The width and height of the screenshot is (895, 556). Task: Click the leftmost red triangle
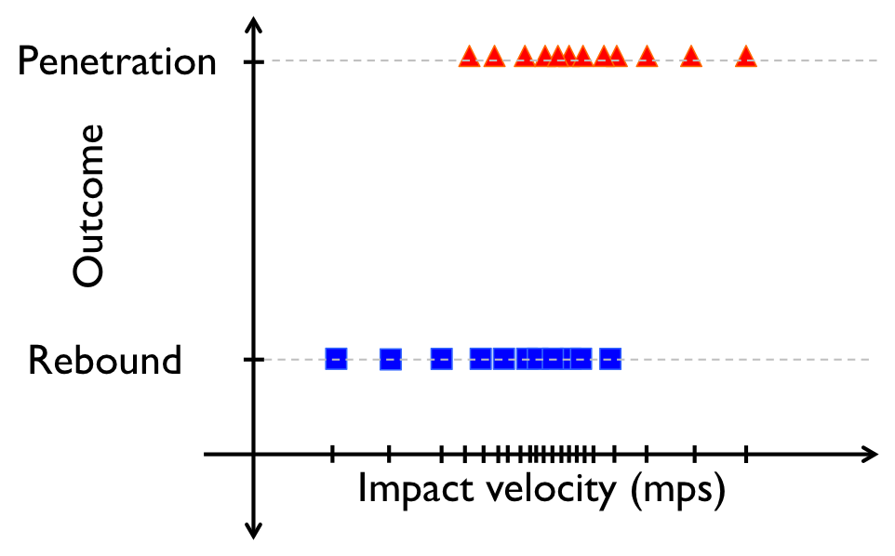coord(469,58)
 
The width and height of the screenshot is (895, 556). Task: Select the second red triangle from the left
coord(494,58)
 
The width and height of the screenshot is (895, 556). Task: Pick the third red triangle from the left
coord(525,58)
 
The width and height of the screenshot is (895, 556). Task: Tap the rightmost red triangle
coord(745,58)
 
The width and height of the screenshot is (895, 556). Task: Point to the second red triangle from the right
coord(690,58)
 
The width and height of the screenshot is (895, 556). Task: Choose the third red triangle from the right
coord(647,58)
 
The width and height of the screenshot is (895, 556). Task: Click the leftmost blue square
coord(336,359)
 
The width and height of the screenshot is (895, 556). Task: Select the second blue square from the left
coord(390,360)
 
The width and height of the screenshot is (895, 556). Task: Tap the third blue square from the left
coord(441,359)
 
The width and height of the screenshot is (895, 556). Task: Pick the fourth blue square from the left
coord(480,359)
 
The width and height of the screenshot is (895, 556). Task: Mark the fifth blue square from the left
coord(503,359)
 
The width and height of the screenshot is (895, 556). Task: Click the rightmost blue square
coord(610,359)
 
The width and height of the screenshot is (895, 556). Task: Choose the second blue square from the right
coord(581,359)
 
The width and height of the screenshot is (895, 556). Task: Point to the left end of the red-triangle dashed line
coord(273,60)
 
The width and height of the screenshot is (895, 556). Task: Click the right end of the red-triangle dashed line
coord(876,60)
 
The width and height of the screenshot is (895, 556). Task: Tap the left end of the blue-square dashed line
coord(265,359)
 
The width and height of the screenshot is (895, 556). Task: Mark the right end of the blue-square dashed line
coord(869,359)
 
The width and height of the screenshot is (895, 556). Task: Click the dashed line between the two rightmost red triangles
coord(718,60)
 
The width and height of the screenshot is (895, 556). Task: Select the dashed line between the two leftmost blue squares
coord(363,359)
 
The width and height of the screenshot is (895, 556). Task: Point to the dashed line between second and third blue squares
coord(416,359)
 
